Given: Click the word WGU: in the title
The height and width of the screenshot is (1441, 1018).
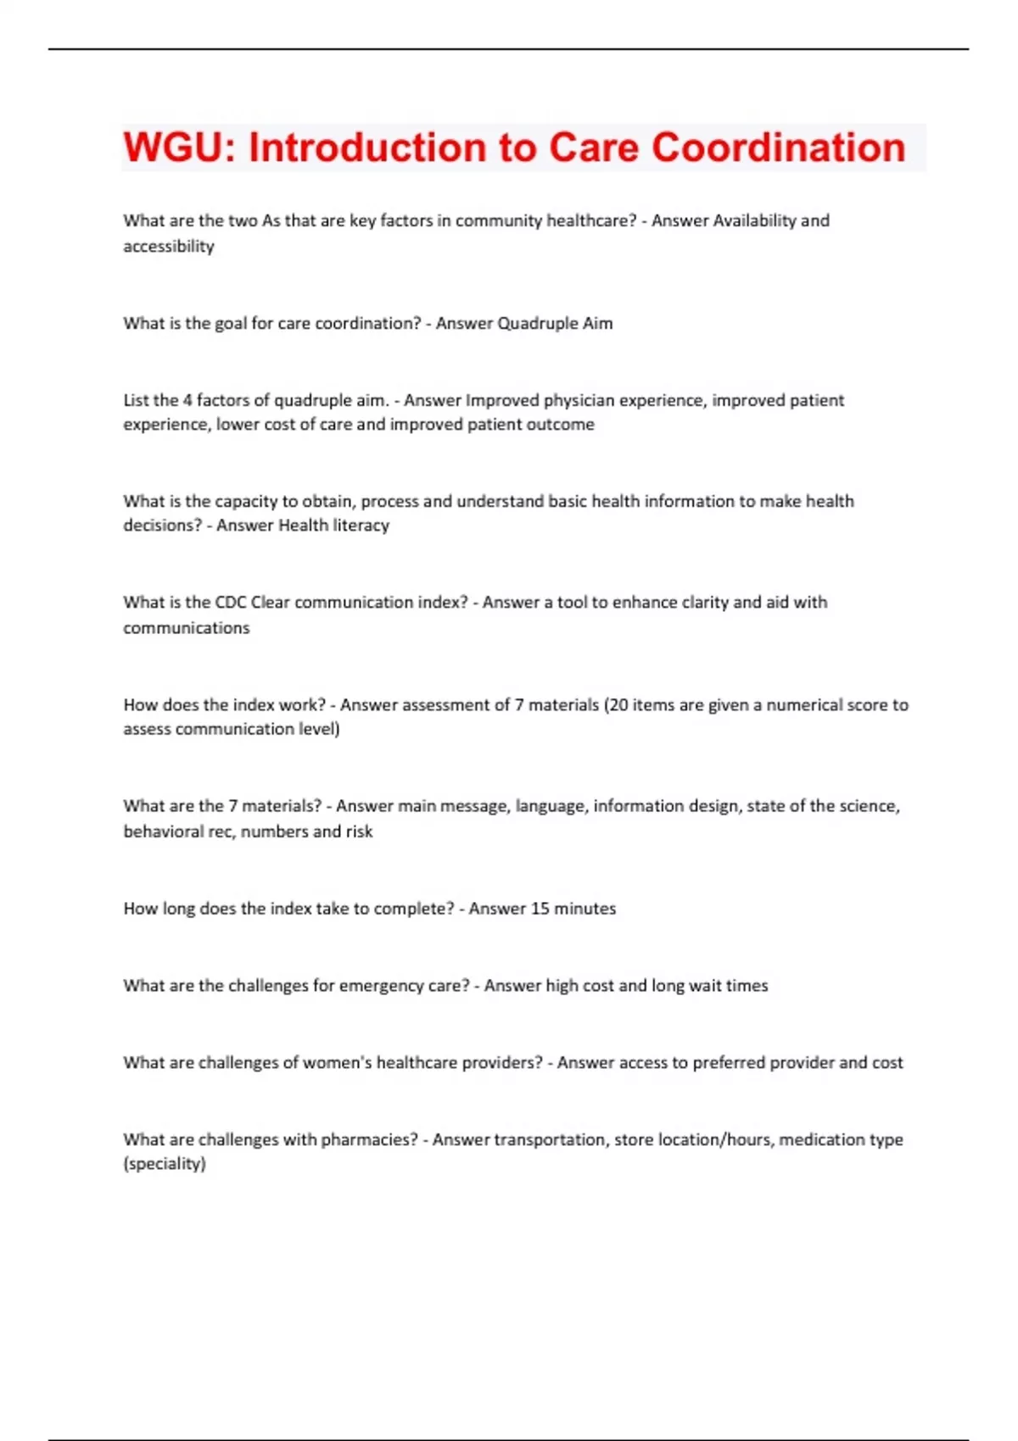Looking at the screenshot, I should click(179, 147).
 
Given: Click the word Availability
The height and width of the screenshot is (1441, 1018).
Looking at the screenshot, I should click(754, 220).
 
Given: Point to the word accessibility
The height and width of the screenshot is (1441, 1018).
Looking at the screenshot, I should click(169, 246).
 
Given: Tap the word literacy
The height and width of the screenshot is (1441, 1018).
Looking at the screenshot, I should click(361, 525).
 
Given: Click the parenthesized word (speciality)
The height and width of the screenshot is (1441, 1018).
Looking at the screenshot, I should click(165, 1163).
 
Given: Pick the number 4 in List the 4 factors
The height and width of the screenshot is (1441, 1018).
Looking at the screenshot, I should click(187, 400).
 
